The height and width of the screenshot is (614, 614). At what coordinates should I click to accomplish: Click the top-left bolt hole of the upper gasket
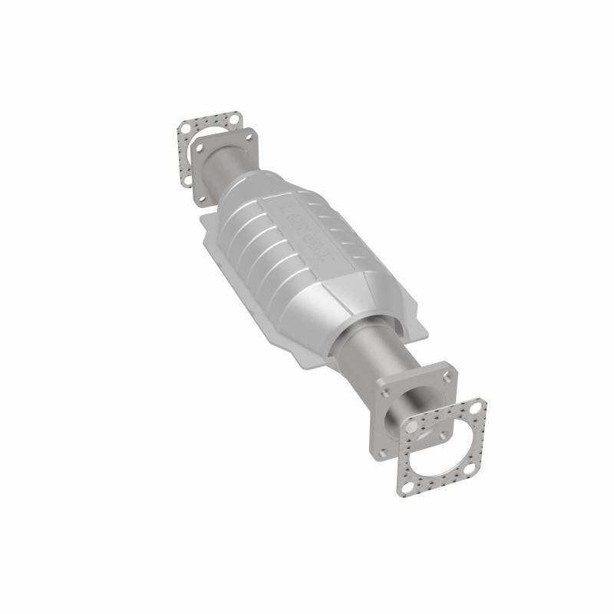click(186, 128)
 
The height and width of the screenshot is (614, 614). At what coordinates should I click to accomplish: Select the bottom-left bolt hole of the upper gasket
click(188, 180)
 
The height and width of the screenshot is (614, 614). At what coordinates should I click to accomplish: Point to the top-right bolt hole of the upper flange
click(249, 137)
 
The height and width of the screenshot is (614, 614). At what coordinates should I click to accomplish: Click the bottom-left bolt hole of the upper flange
click(203, 199)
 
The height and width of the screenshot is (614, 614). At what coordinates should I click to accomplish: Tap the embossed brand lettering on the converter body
click(307, 230)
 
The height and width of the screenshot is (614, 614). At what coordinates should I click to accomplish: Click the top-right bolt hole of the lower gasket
click(475, 408)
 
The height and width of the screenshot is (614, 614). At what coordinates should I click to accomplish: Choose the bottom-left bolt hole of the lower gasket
click(408, 488)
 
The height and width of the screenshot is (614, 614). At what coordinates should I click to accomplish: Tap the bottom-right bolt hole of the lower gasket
click(469, 468)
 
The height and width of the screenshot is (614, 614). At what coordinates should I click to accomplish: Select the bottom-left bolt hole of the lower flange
click(382, 453)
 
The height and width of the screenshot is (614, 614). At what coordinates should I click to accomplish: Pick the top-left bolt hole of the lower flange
click(385, 393)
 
